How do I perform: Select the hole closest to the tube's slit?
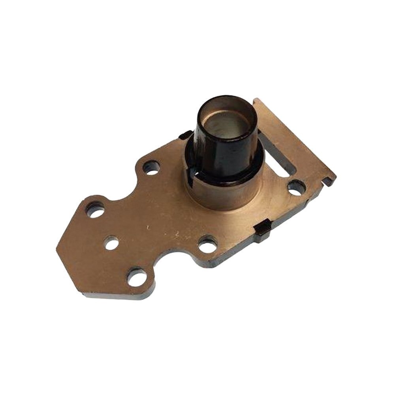(x=151, y=167)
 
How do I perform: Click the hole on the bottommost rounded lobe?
(x=136, y=278)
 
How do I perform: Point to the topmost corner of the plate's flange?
(x=257, y=100)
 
